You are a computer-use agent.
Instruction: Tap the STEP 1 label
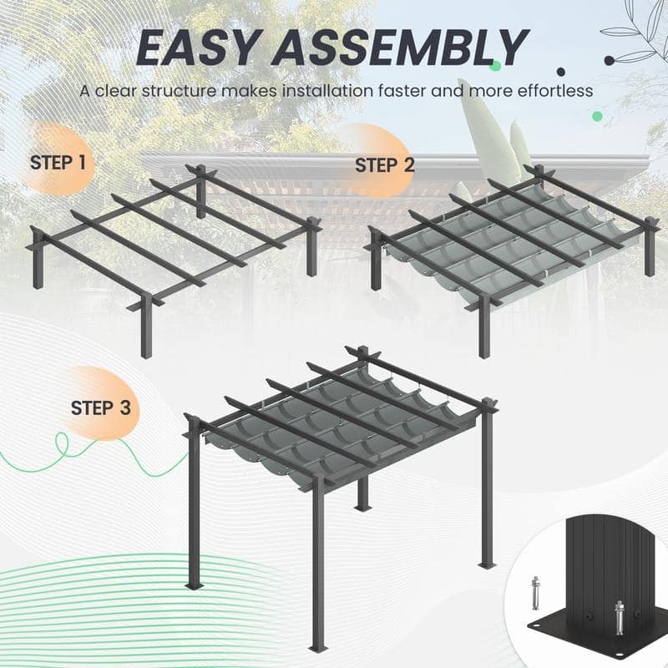[x=58, y=162]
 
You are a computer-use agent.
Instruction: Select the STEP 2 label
[x=384, y=164]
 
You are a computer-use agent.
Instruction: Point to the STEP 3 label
[x=100, y=408]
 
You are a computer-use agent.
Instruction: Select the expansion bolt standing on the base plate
[x=619, y=619]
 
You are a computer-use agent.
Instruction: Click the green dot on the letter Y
[x=495, y=65]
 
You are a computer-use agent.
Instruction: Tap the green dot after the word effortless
[x=597, y=115]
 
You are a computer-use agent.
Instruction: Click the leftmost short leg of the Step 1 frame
[x=38, y=267]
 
